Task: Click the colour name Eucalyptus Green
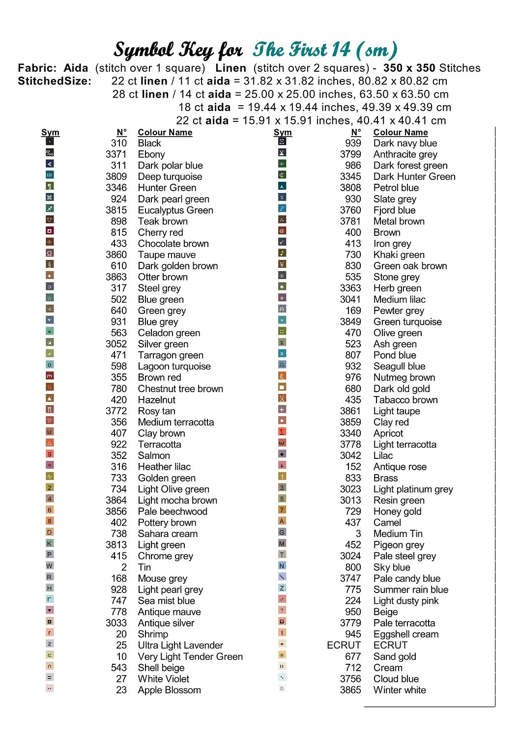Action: click(175, 210)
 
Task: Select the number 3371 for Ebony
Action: click(116, 154)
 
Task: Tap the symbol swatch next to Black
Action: click(50, 142)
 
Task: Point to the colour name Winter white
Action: click(400, 690)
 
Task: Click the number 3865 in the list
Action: click(350, 690)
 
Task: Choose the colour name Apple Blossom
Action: click(169, 690)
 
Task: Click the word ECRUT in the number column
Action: click(344, 646)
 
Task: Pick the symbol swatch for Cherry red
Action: click(50, 231)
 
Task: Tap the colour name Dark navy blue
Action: click(405, 143)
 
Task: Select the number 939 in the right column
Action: click(353, 143)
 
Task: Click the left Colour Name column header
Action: click(165, 133)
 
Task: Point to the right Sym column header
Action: click(283, 133)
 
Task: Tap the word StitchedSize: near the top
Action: click(55, 82)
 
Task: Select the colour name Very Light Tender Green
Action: click(190, 657)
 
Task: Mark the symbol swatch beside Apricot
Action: click(282, 432)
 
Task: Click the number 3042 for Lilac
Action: click(350, 456)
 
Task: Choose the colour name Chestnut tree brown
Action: click(180, 389)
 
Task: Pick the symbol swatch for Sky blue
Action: click(282, 566)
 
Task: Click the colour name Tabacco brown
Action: click(405, 400)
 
